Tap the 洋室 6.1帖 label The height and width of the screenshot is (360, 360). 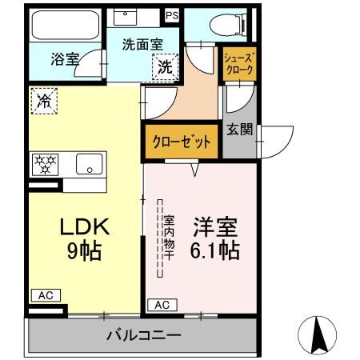pos(212,238)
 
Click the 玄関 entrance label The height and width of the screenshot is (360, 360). pos(239,129)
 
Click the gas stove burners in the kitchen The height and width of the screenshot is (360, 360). pos(45,165)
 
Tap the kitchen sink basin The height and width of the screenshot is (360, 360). pos(88,165)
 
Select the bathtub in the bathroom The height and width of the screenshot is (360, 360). pos(66,26)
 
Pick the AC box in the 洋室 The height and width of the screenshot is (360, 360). pos(162,305)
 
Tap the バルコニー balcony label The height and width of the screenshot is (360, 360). pos(144,336)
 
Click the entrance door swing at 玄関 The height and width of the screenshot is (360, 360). pos(272,142)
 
